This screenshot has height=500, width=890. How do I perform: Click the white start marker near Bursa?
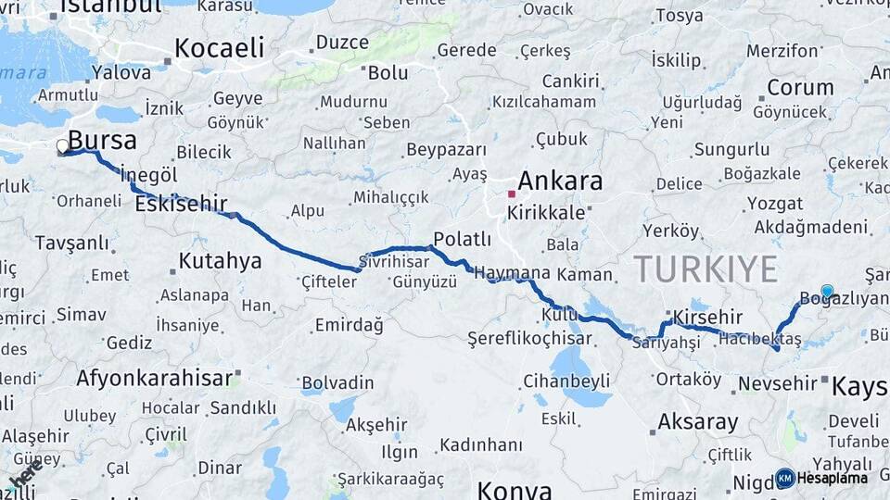point(63,146)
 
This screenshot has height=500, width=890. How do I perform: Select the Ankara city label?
point(559,181)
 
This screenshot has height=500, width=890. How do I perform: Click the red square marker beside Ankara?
point(511,194)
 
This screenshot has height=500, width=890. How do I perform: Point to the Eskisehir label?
point(181,206)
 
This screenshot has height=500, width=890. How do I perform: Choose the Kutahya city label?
point(220,261)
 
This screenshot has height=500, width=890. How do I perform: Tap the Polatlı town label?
point(461,239)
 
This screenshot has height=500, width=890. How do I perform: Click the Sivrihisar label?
point(400,262)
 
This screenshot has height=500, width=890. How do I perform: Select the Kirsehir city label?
point(707,316)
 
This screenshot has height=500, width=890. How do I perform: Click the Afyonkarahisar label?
point(154,378)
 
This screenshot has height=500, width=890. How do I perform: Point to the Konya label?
point(514,489)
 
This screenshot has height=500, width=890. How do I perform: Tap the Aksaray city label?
point(697,423)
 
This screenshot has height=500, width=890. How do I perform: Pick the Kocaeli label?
point(219,48)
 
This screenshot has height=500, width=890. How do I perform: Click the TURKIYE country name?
point(706,269)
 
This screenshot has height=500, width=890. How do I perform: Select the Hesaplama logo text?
point(832,479)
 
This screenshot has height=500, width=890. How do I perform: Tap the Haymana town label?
point(513,274)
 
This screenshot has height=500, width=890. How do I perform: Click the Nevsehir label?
point(776,382)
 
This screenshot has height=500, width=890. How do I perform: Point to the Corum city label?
point(800,87)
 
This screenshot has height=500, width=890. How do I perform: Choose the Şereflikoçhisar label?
point(529,338)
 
